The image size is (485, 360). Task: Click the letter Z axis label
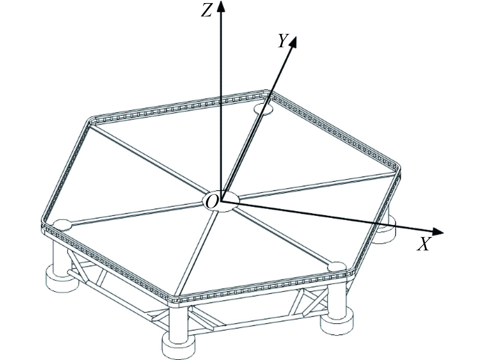click(206, 11)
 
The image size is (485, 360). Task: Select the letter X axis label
click(423, 244)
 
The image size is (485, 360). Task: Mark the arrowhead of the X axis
click(437, 232)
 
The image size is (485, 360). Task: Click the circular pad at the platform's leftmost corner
click(62, 225)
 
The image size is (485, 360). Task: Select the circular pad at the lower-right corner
click(337, 267)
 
